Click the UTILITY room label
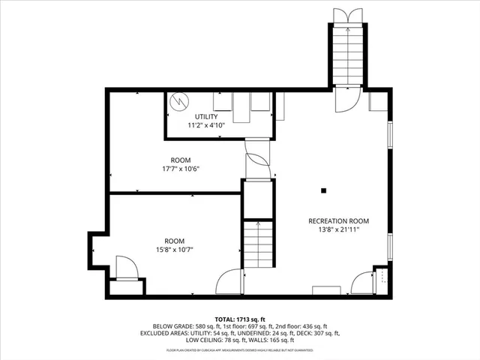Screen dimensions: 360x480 tap(206, 116)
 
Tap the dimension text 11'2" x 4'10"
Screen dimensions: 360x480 tap(206, 125)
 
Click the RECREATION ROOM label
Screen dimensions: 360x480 tap(339, 220)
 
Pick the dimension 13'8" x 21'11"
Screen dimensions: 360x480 tap(339, 229)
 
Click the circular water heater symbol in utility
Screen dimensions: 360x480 tap(179, 100)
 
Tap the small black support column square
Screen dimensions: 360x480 tap(323, 190)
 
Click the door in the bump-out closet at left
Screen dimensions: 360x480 tap(125, 267)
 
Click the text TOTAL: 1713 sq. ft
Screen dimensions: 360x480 tap(240, 319)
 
